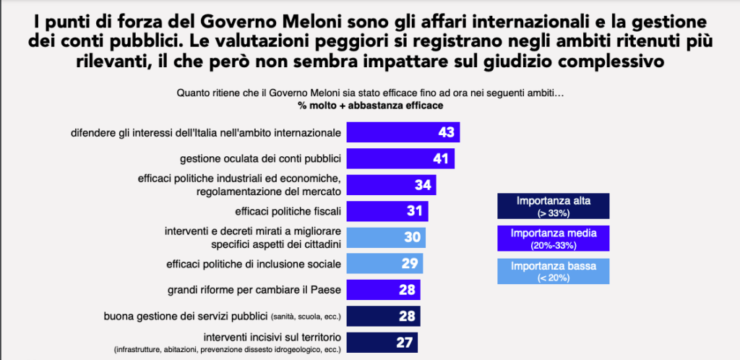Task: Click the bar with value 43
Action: click(x=403, y=132)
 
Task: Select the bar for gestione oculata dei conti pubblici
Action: click(x=400, y=158)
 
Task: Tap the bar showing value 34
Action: click(x=391, y=185)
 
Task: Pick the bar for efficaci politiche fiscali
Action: click(x=387, y=211)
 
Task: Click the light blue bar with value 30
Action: click(x=386, y=238)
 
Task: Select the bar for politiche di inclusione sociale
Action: click(x=384, y=264)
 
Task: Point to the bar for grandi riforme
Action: click(x=383, y=290)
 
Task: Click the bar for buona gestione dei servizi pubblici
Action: click(x=383, y=316)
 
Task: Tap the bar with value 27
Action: click(x=382, y=342)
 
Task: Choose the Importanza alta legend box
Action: click(x=553, y=206)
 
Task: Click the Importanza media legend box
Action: click(x=553, y=239)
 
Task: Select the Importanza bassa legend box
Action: click(x=553, y=271)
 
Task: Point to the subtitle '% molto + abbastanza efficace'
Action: click(x=371, y=106)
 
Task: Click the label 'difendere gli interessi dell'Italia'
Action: click(x=205, y=133)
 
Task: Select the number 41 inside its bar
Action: click(x=440, y=158)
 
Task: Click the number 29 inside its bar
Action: click(x=408, y=264)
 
